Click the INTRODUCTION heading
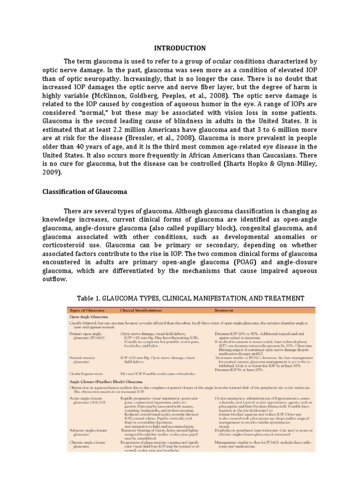pos(180,48)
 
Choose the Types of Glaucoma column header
pos(87,310)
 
